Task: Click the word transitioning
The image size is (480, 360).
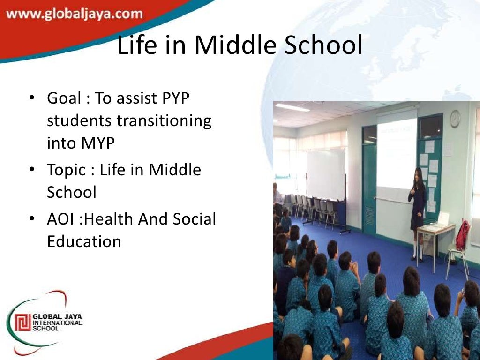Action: (x=164, y=120)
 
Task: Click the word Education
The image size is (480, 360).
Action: (x=84, y=241)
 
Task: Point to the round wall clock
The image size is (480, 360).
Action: (x=455, y=119)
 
